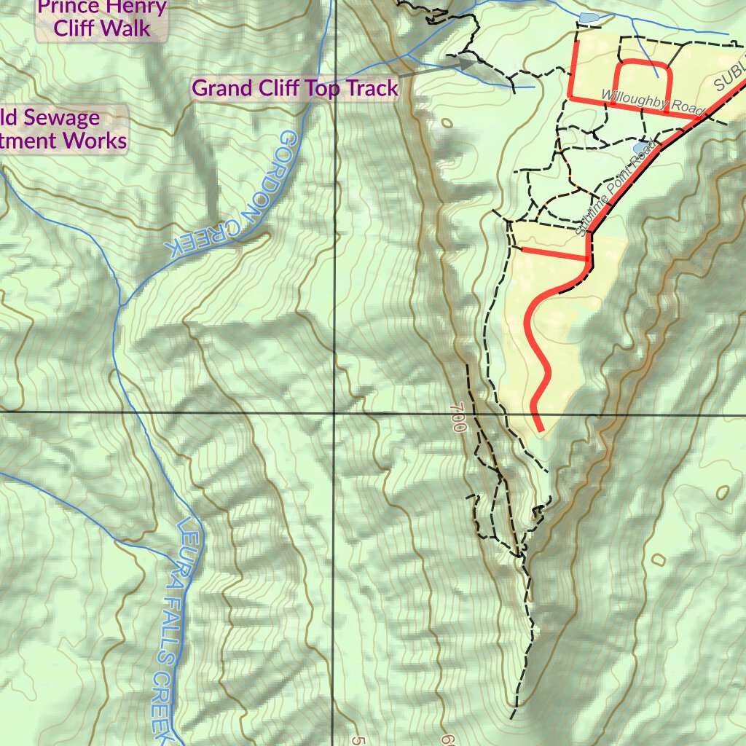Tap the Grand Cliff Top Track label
coord(295,88)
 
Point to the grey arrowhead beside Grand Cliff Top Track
coord(466,64)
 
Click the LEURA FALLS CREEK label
coord(169,627)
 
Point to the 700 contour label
coord(458,418)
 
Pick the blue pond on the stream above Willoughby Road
coord(587,17)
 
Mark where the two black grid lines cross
coord(335,412)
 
